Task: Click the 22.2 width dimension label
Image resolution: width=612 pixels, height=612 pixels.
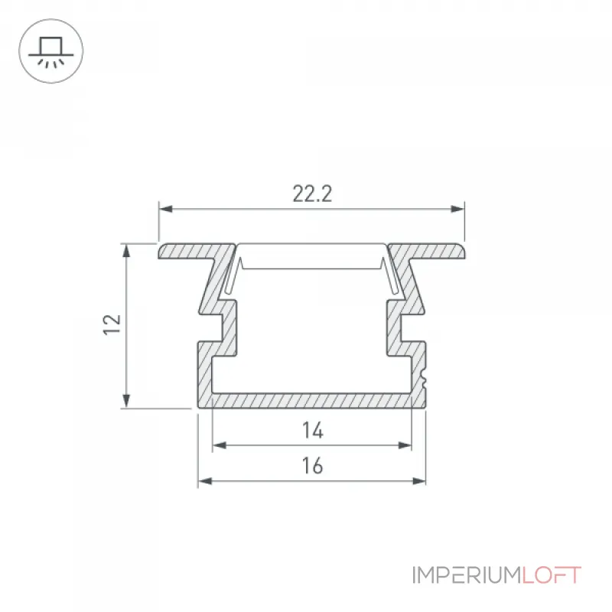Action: coord(312,194)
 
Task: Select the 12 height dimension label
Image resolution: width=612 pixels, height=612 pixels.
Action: coord(112,324)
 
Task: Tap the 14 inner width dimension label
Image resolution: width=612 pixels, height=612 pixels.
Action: coord(313,430)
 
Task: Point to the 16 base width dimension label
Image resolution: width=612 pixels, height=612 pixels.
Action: coord(312,466)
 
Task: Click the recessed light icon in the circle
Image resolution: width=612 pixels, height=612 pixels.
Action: coord(50,52)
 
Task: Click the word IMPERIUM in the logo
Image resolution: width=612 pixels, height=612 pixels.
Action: coord(467,575)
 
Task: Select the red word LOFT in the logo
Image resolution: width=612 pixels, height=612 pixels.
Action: coord(552,575)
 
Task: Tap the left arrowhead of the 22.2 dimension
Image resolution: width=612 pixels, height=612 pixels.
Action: coord(165,209)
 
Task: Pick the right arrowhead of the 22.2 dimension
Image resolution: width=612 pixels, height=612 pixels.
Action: coord(457,209)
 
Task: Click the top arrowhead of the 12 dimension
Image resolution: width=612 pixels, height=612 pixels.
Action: coord(126,251)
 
